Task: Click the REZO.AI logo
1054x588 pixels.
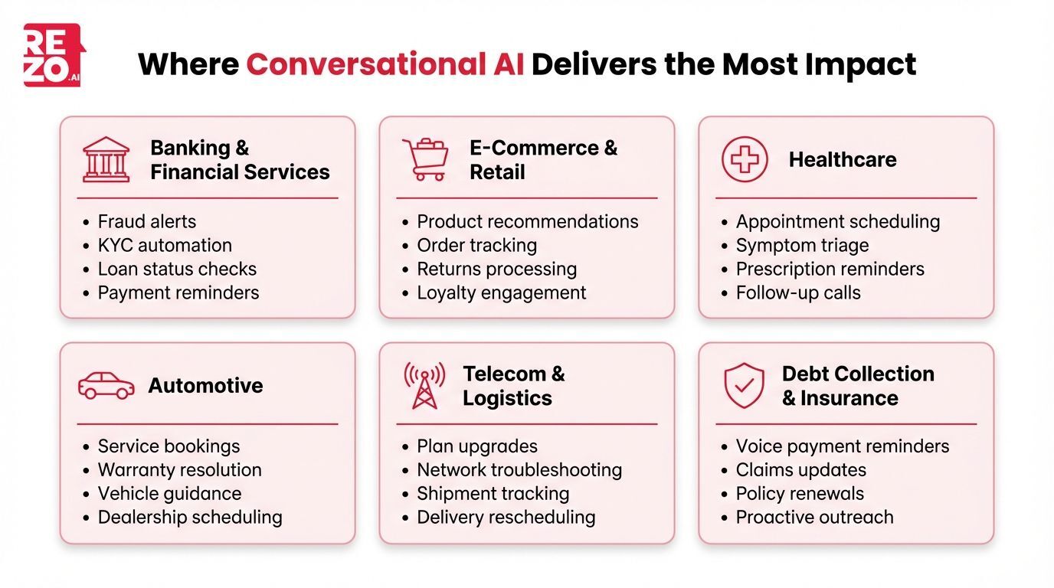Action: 53,54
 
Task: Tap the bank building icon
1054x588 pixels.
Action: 106,159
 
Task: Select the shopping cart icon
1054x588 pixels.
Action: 425,159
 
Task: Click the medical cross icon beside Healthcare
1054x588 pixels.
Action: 744,159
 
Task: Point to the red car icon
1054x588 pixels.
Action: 106,385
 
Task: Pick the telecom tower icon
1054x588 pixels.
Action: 424,385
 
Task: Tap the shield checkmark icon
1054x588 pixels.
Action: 744,385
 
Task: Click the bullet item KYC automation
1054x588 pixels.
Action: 164,245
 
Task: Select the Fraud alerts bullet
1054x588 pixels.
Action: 146,221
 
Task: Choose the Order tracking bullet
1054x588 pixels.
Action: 476,245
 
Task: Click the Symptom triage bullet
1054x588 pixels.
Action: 802,245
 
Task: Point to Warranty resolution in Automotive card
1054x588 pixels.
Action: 179,469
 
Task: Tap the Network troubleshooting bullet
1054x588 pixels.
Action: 519,469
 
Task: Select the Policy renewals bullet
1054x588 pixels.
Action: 799,493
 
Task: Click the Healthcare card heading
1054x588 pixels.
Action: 842,159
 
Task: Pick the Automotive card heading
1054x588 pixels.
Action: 205,385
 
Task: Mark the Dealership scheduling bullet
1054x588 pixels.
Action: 189,517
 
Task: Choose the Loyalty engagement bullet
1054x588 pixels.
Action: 501,292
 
